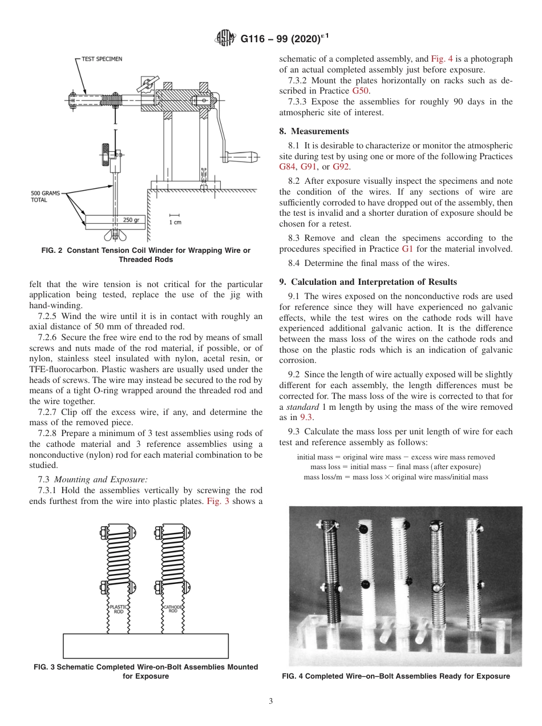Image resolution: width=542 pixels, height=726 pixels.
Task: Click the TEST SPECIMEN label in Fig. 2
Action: [x=102, y=59]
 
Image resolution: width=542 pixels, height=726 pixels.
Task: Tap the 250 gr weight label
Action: [x=131, y=220]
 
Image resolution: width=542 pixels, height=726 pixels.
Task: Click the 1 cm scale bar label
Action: [x=175, y=222]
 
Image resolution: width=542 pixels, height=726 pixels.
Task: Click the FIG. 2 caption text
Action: [x=145, y=255]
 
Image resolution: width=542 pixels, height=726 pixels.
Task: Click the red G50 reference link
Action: [x=361, y=91]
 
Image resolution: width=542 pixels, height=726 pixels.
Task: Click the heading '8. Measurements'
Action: [x=314, y=131]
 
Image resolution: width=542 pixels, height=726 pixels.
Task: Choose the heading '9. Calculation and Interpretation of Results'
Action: [x=368, y=281]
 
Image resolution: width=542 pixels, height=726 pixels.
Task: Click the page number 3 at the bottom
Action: [x=271, y=701]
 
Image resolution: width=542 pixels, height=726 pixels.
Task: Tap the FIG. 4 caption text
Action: [x=396, y=676]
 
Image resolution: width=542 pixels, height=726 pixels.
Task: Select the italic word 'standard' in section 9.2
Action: [x=302, y=407]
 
